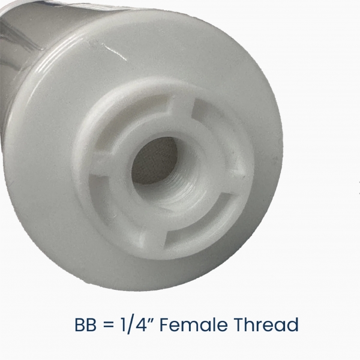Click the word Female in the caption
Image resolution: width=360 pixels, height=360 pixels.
pos(194,325)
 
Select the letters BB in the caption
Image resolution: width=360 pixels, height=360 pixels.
pos(85,325)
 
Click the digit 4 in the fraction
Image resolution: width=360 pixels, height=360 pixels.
pos(140,325)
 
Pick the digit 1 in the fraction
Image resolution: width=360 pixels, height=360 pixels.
pos(123,325)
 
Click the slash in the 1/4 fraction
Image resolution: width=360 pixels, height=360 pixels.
pos(130,325)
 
